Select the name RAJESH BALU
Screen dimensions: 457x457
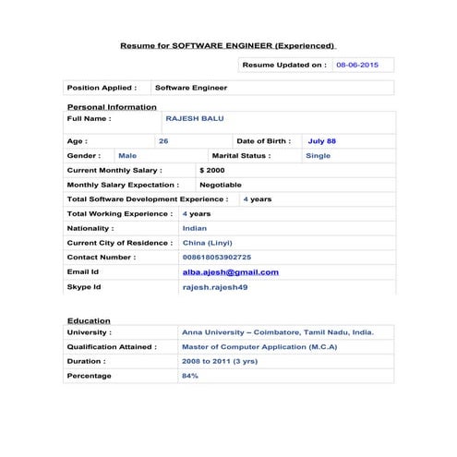(194, 118)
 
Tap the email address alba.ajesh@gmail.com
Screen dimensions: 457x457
(230, 272)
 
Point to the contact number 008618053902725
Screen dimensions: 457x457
(216, 257)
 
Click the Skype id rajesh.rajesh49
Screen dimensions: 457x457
(214, 287)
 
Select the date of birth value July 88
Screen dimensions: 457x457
(321, 141)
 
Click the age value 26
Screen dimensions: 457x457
(163, 141)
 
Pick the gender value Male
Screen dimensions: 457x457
(127, 156)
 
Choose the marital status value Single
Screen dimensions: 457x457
(318, 156)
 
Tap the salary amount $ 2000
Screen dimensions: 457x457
(211, 171)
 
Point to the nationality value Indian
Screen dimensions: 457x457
(195, 227)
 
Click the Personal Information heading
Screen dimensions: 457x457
(112, 107)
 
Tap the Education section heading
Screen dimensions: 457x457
(89, 321)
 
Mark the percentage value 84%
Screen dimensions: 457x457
(190, 376)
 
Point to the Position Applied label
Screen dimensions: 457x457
(102, 88)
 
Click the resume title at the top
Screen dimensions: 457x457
(228, 45)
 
